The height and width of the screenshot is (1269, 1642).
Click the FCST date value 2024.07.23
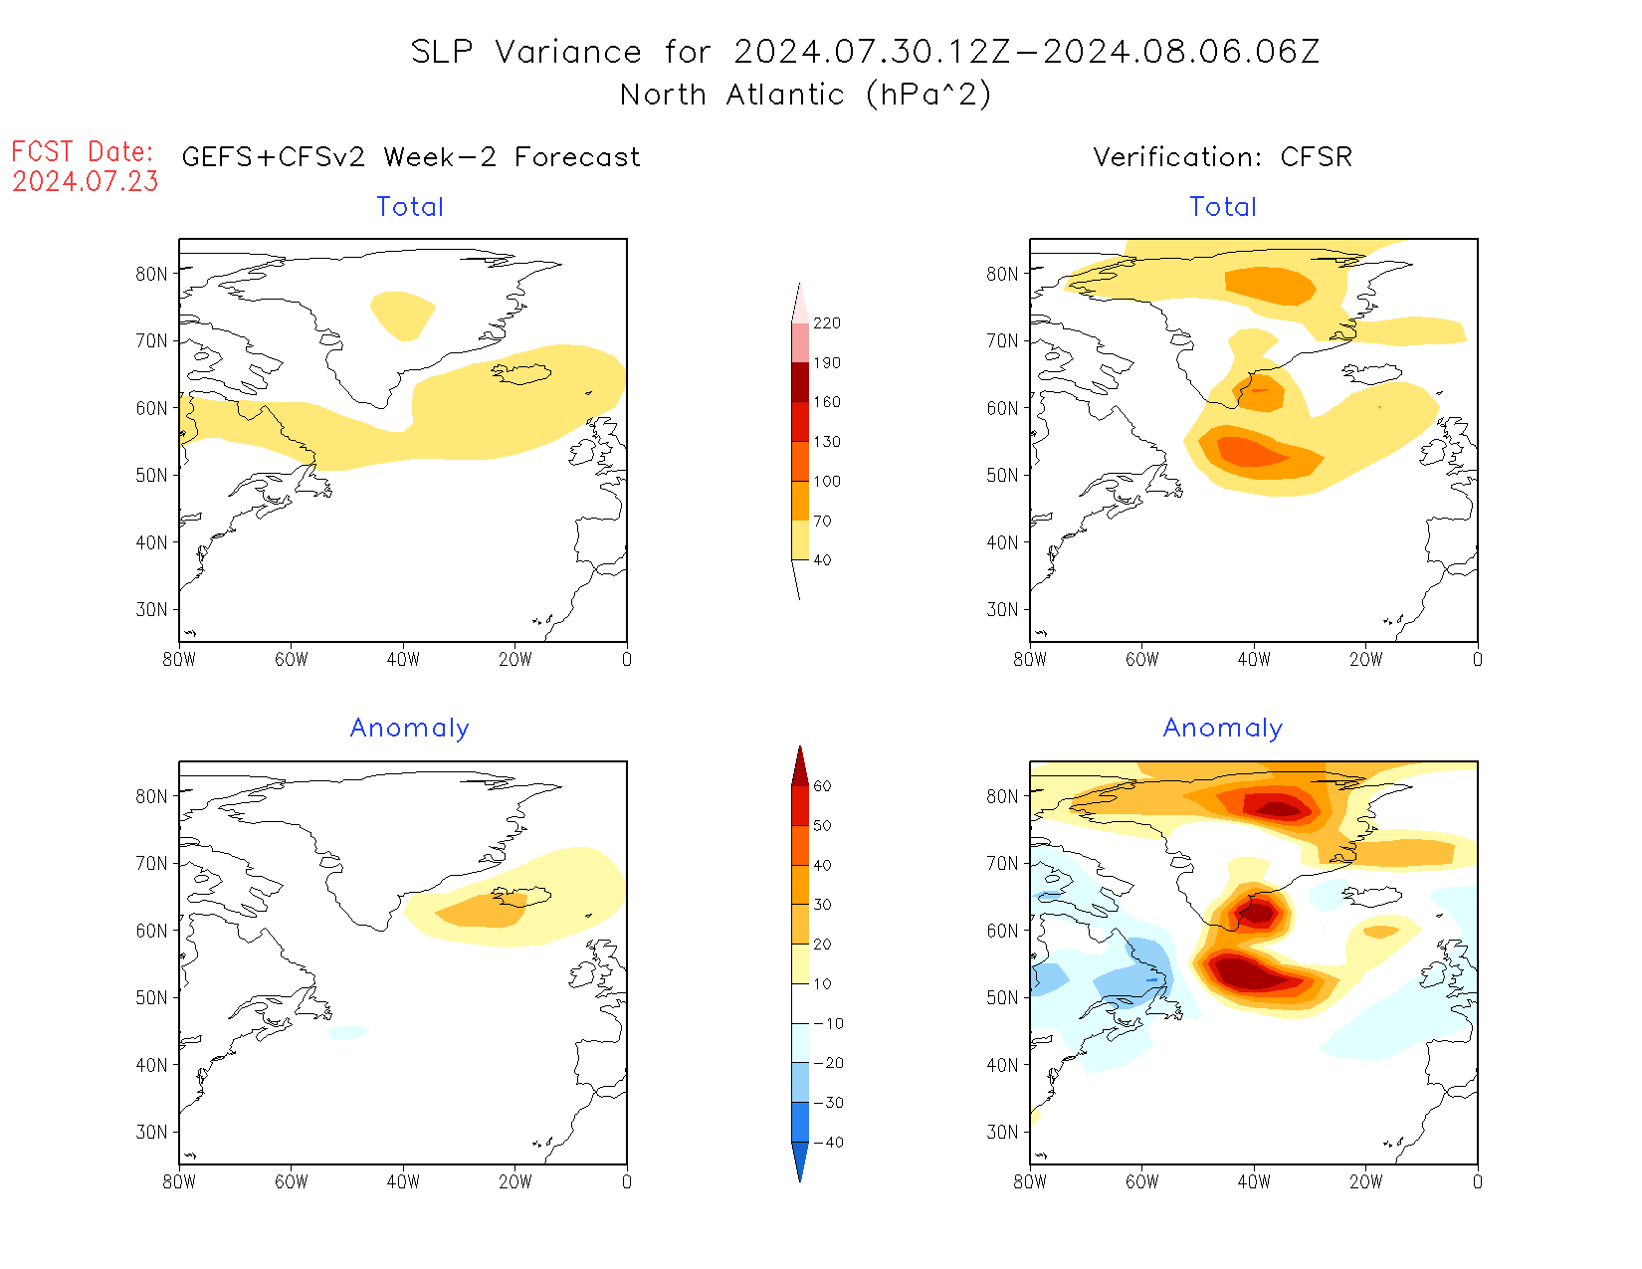click(86, 182)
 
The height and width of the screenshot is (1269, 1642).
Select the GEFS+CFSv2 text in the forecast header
click(274, 157)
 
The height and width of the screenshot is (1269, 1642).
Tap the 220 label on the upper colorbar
click(826, 323)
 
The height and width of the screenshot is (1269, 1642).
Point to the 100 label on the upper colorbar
click(826, 481)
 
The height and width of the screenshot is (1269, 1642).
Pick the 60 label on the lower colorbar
click(822, 786)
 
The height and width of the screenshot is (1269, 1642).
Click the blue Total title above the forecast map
click(410, 207)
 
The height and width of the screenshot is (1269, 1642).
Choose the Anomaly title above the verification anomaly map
click(1223, 729)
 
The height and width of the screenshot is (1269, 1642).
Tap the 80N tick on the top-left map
click(152, 274)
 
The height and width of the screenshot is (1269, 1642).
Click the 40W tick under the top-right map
click(1254, 659)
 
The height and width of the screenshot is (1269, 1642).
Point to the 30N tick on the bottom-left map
click(152, 1132)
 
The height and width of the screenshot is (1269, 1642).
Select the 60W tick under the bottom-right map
click(1141, 1181)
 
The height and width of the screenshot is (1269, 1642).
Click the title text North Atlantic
click(732, 95)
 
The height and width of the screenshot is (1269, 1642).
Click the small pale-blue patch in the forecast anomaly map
click(348, 1033)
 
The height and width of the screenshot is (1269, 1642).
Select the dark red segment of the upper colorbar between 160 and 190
click(800, 382)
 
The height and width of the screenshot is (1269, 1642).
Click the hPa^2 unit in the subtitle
click(928, 95)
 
